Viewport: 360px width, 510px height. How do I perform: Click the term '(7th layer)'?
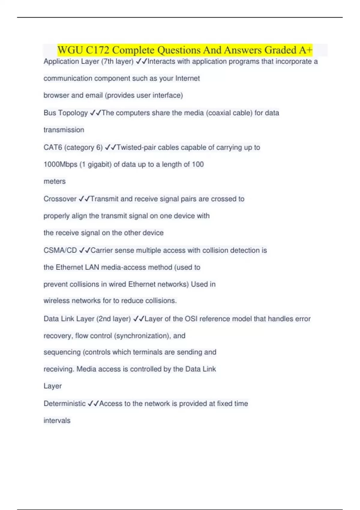pos(117,61)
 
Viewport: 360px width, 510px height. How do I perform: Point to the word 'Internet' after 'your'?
pos(187,78)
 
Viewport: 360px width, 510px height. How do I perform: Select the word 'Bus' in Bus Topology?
pos(50,113)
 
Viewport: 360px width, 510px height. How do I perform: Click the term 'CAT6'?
pos(53,148)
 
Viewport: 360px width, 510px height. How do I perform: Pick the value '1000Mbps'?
pos(60,164)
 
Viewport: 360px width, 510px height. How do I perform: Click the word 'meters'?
pos(55,181)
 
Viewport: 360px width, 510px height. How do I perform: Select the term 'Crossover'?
pos(60,199)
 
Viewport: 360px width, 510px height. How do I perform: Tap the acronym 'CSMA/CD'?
pos(60,250)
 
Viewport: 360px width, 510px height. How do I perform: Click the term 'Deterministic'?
pos(64,404)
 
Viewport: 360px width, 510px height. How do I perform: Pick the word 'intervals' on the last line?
pos(57,421)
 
